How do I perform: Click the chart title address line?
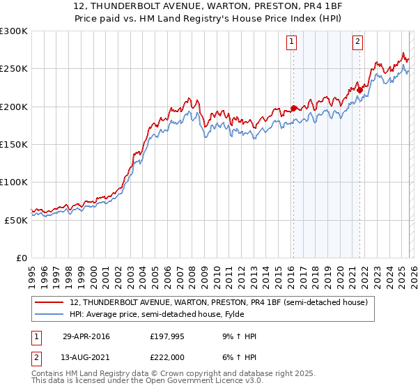208,6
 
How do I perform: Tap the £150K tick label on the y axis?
14,144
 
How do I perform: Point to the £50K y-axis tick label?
16,219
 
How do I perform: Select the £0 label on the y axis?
22,258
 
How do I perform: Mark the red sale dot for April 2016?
293,108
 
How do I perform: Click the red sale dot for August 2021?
359,89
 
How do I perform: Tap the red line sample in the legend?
49,302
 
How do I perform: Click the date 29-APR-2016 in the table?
86,336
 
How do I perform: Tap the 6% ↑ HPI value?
238,357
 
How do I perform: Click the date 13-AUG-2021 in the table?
86,357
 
